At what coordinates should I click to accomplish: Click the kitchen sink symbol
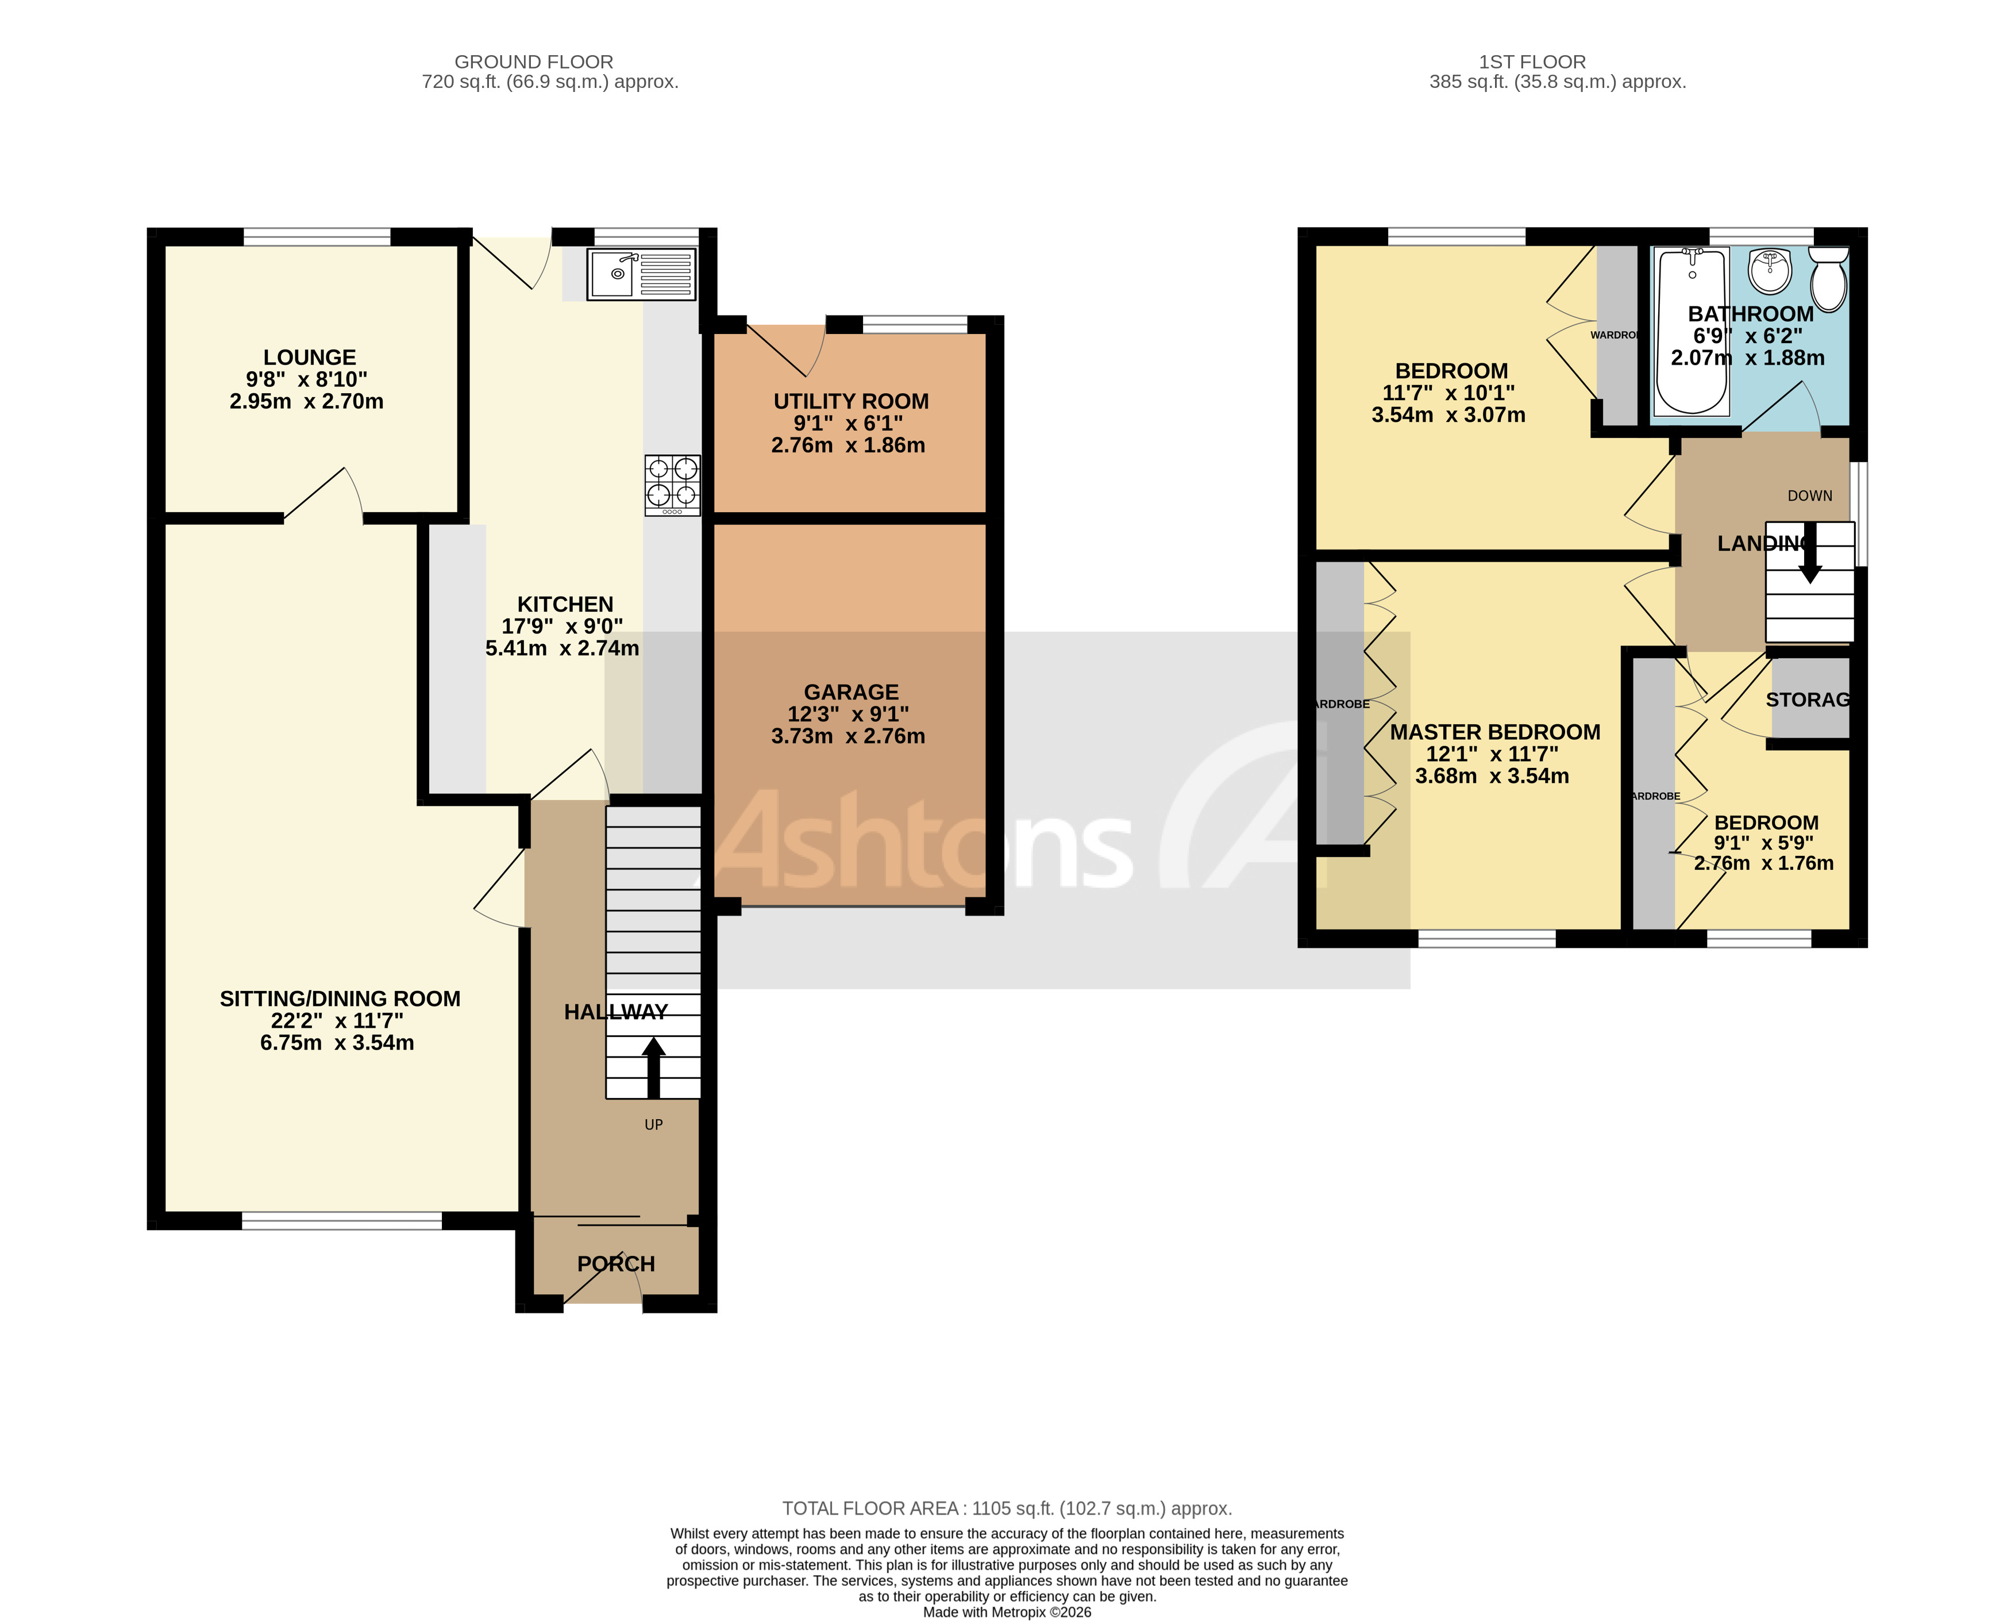(641, 274)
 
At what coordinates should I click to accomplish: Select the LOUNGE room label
(309, 357)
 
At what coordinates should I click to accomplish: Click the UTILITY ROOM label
(850, 401)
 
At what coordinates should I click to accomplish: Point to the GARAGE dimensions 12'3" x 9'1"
(847, 714)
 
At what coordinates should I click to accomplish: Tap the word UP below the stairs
(653, 1124)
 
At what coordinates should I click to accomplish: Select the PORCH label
(616, 1264)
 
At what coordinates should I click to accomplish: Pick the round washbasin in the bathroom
(1769, 271)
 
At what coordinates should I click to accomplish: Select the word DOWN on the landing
(1809, 495)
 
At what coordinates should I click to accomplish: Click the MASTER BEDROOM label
(1494, 732)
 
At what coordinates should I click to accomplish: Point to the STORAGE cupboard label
(1808, 699)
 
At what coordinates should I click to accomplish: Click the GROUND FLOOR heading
(534, 62)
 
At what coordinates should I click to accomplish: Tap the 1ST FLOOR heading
(1532, 62)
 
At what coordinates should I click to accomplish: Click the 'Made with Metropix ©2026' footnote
(1007, 1612)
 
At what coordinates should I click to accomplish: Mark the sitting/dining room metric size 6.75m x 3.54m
(337, 1042)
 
